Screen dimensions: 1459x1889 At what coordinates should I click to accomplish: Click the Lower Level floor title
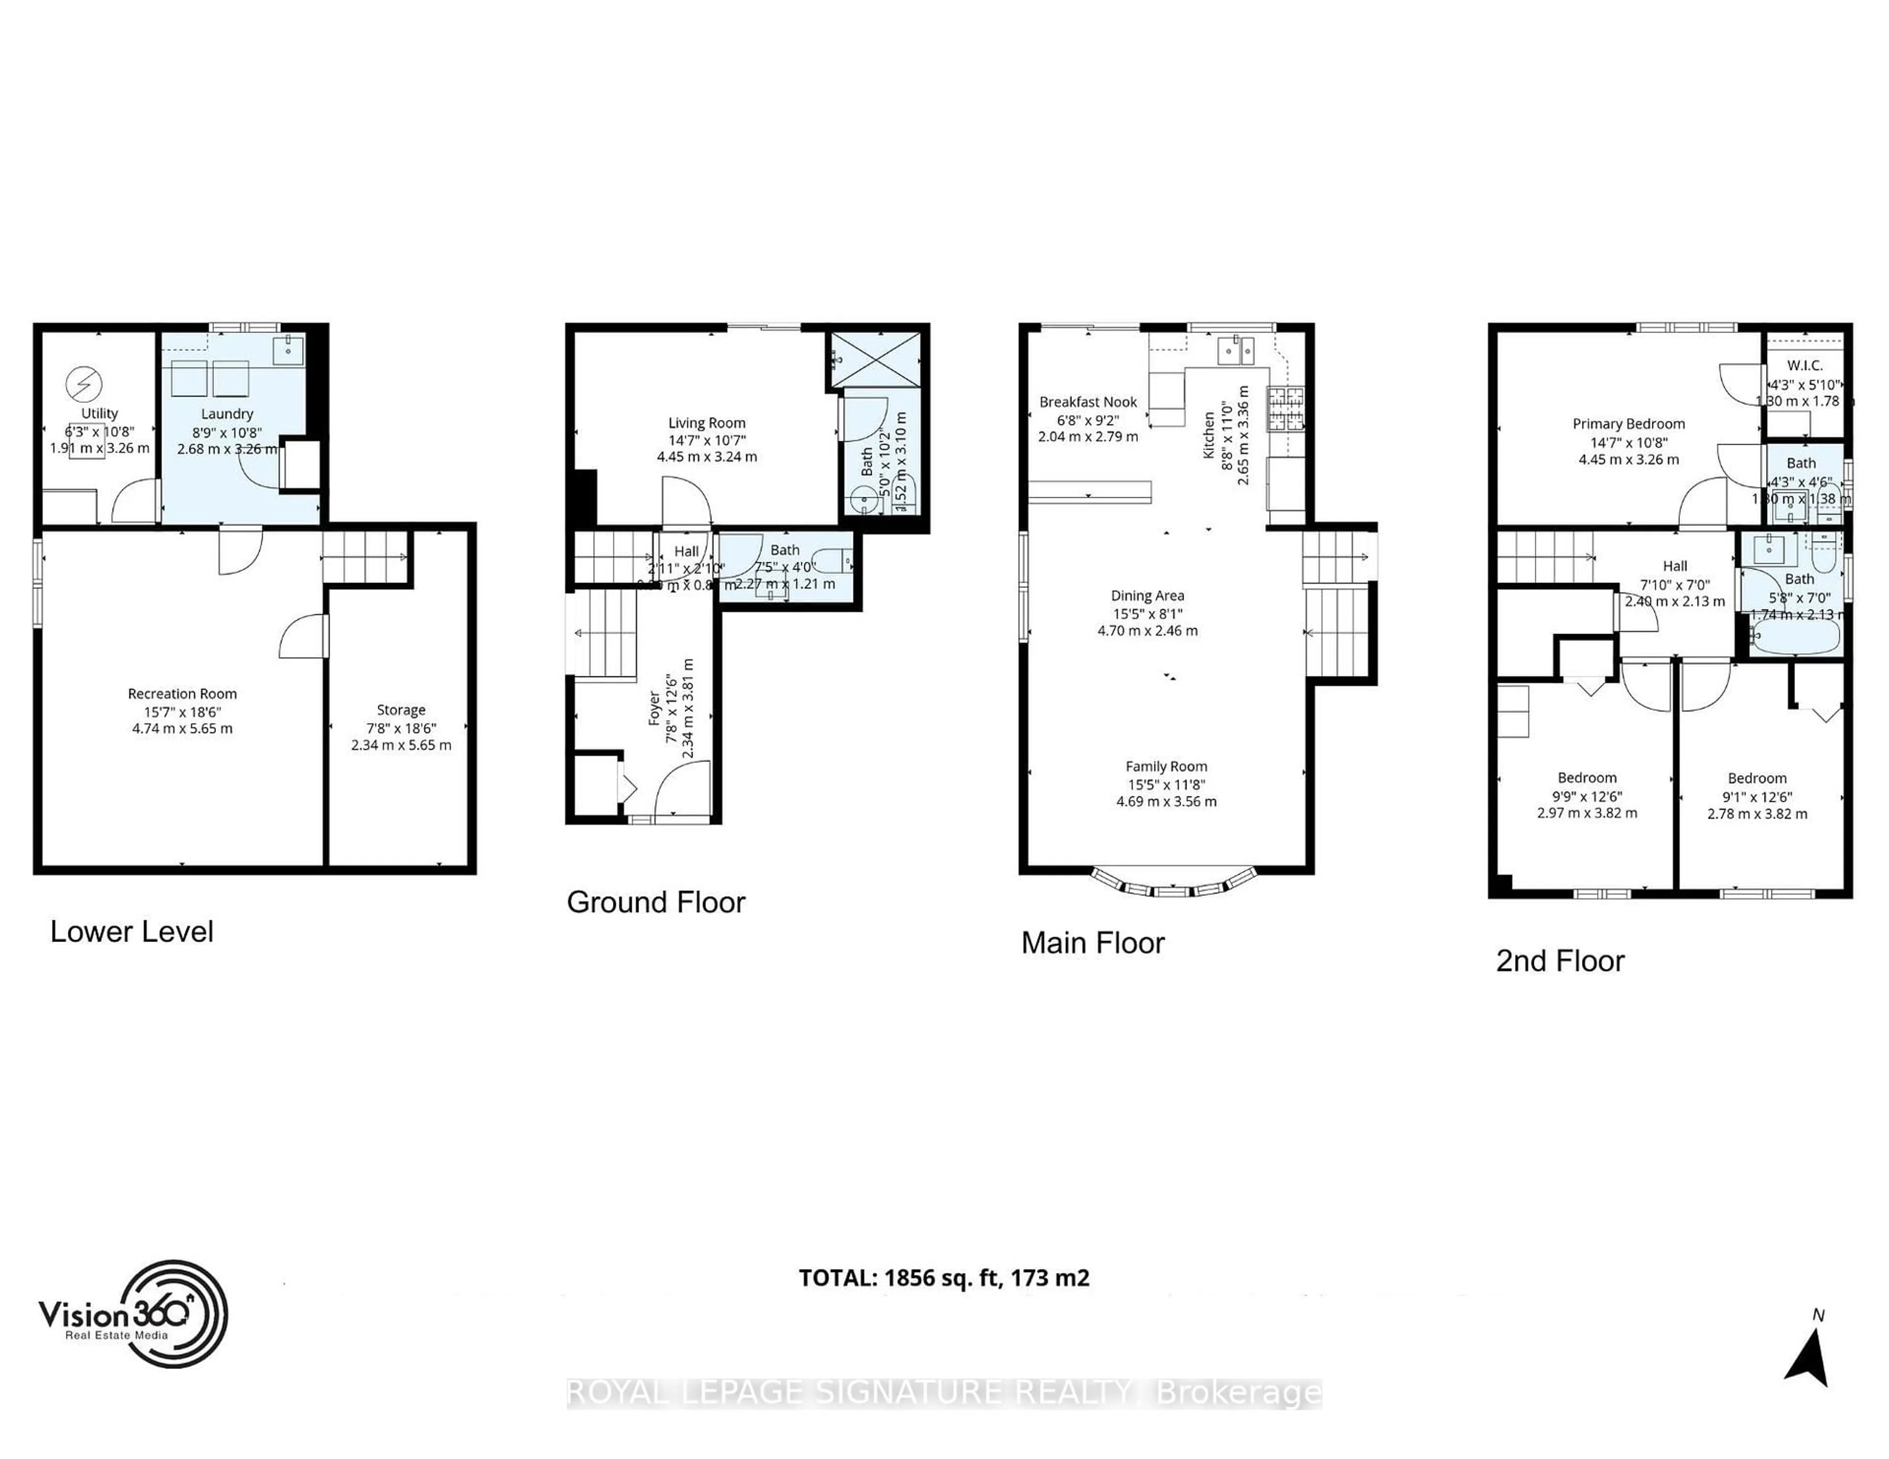(131, 932)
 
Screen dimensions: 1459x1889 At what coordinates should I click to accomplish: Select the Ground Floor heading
(656, 902)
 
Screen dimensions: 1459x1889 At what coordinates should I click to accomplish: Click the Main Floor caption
(1093, 942)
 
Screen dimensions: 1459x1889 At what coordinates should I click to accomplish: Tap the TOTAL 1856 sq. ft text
(944, 1277)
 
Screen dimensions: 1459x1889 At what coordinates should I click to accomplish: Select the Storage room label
(400, 710)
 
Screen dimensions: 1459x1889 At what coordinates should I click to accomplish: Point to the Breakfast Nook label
(1088, 402)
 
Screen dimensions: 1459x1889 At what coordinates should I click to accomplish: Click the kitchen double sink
(1236, 350)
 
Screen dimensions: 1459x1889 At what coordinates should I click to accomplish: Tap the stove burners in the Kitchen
(1285, 409)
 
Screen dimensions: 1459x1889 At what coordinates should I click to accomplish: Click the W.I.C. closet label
(1804, 366)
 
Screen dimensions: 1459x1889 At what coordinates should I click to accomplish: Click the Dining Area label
(1147, 596)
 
